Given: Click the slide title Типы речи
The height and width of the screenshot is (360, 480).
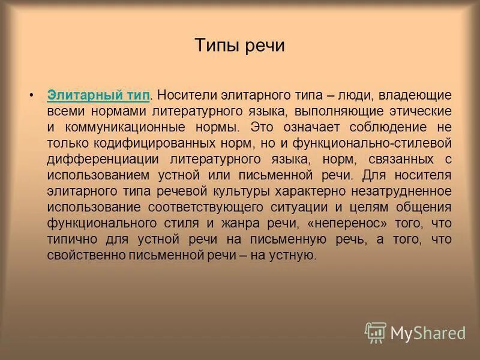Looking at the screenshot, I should click(240, 46).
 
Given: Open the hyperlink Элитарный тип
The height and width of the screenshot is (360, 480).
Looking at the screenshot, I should click(98, 95).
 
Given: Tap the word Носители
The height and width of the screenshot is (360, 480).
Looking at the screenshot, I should click(183, 95).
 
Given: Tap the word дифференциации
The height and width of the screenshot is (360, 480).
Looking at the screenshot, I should click(94, 159).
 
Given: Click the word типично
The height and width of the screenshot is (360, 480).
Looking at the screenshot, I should click(67, 239).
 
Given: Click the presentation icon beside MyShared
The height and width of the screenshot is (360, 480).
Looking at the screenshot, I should click(376, 332).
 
